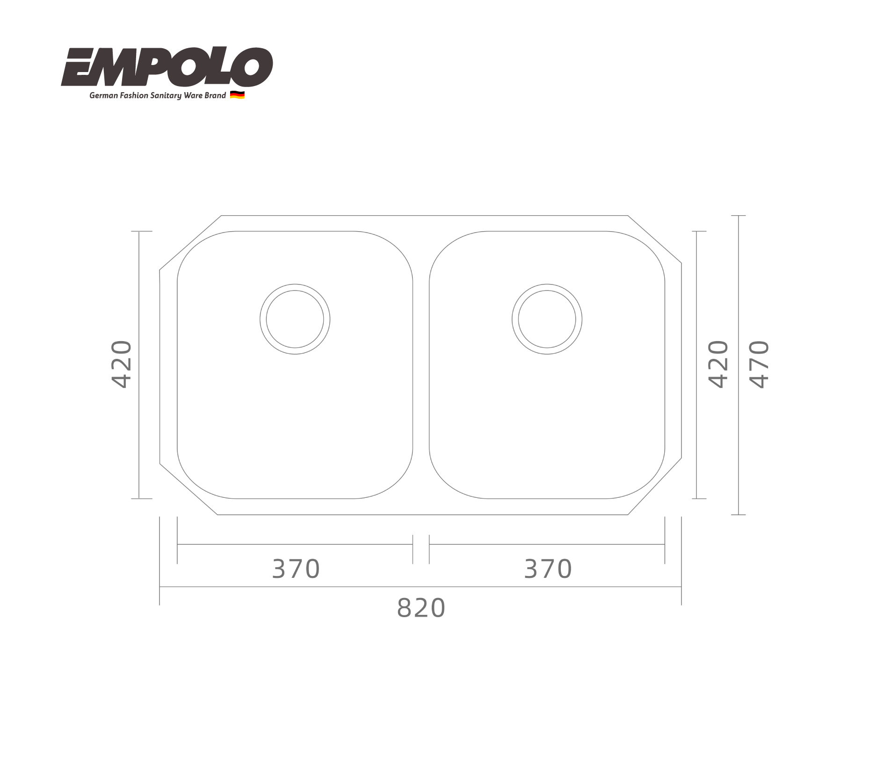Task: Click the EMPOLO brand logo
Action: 167,67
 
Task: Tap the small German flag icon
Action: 238,95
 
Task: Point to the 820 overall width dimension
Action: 421,608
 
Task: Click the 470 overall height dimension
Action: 759,364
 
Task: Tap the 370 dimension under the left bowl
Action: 296,569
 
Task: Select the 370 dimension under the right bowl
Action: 548,569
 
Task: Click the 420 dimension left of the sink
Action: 121,364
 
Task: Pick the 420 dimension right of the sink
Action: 719,364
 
